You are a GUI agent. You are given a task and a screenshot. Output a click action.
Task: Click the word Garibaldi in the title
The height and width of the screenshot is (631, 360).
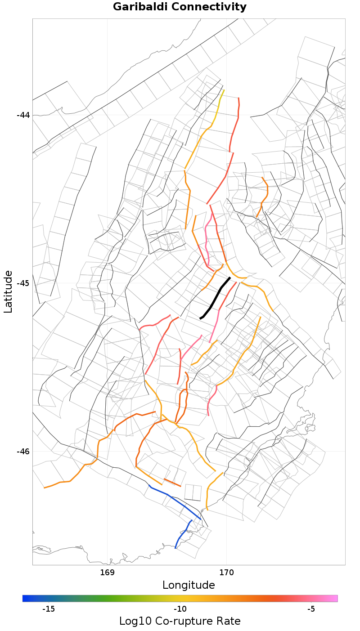coord(140,7)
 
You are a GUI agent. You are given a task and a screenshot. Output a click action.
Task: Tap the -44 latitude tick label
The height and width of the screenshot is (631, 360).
coord(23,115)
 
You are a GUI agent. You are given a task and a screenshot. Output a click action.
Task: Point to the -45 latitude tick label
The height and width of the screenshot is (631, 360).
coord(23,283)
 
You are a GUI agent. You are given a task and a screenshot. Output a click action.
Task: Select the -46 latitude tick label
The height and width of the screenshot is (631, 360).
coord(23,452)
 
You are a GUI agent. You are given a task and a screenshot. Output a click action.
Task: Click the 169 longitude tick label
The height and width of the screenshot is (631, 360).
coord(107,573)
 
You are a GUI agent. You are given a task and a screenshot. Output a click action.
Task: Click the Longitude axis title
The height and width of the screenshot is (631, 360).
coord(189,585)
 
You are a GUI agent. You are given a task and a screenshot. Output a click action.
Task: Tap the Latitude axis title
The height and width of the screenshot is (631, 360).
coord(8,292)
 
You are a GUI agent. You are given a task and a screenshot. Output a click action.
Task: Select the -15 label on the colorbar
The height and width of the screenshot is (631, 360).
coord(49,609)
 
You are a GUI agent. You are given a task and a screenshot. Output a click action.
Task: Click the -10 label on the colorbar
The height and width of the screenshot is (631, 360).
coord(180,609)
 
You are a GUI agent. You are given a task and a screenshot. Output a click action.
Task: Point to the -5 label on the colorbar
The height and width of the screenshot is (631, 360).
coord(311,609)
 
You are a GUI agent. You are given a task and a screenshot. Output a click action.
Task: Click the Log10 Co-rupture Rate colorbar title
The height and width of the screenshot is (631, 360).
coord(180,622)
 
